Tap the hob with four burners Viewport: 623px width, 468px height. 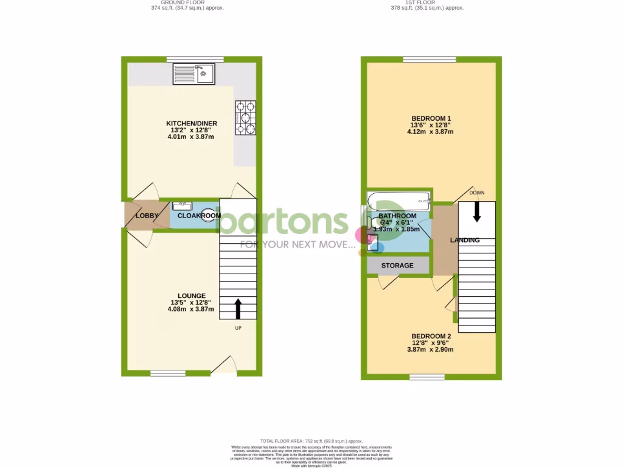(245, 118)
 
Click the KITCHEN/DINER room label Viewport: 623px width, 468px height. (192, 124)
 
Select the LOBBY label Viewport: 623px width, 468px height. (147, 216)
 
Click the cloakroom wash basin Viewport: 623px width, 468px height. (182, 206)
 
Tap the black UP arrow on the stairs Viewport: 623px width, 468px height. (237, 308)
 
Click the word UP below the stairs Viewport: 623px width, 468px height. (238, 328)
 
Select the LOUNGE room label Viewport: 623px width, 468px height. (192, 296)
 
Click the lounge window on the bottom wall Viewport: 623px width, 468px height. (168, 373)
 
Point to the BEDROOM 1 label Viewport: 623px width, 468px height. (431, 118)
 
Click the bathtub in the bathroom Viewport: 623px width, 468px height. (399, 199)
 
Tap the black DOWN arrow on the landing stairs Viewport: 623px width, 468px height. (476, 211)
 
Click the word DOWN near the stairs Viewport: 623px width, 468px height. (477, 193)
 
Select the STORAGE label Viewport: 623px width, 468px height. (397, 266)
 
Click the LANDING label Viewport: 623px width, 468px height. (464, 240)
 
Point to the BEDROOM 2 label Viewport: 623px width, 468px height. (431, 336)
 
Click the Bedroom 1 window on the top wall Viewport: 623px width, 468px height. (429, 59)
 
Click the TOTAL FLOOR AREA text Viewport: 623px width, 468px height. (311, 441)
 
